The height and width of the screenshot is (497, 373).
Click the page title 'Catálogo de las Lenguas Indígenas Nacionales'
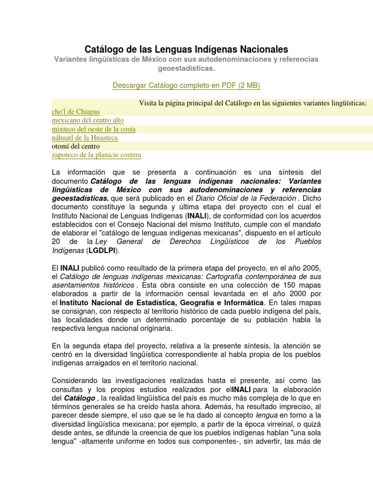186,49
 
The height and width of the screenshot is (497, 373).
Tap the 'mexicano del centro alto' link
88,120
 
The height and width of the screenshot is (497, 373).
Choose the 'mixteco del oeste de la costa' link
94,129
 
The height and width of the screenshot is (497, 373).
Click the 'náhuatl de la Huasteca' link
85,138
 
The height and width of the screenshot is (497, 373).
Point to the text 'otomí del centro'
76,146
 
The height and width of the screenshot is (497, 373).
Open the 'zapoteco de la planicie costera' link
97,155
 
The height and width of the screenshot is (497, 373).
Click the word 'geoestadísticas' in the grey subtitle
186,68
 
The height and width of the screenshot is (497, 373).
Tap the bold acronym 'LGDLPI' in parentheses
103,250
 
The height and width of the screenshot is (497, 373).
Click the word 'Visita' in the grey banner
149,103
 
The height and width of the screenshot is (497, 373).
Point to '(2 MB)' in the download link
249,85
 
